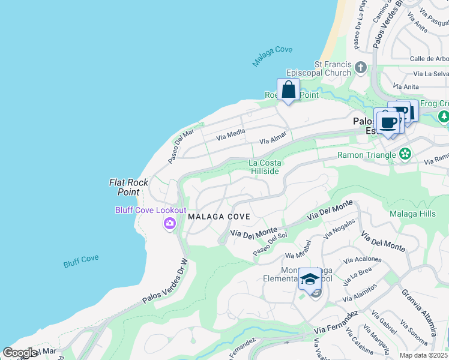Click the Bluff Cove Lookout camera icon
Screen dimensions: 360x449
(170, 224)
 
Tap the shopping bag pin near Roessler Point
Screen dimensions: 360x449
(289, 90)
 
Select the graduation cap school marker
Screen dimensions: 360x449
(310, 279)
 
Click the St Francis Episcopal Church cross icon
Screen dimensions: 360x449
(361, 67)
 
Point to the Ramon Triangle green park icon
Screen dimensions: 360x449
(406, 155)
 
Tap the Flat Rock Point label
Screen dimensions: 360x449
(124, 187)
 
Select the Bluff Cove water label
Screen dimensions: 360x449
(81, 262)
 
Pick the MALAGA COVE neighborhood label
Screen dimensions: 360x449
(218, 216)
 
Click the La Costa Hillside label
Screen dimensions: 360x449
(265, 167)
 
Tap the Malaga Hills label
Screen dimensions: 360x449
(412, 214)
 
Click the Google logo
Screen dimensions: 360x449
(19, 352)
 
